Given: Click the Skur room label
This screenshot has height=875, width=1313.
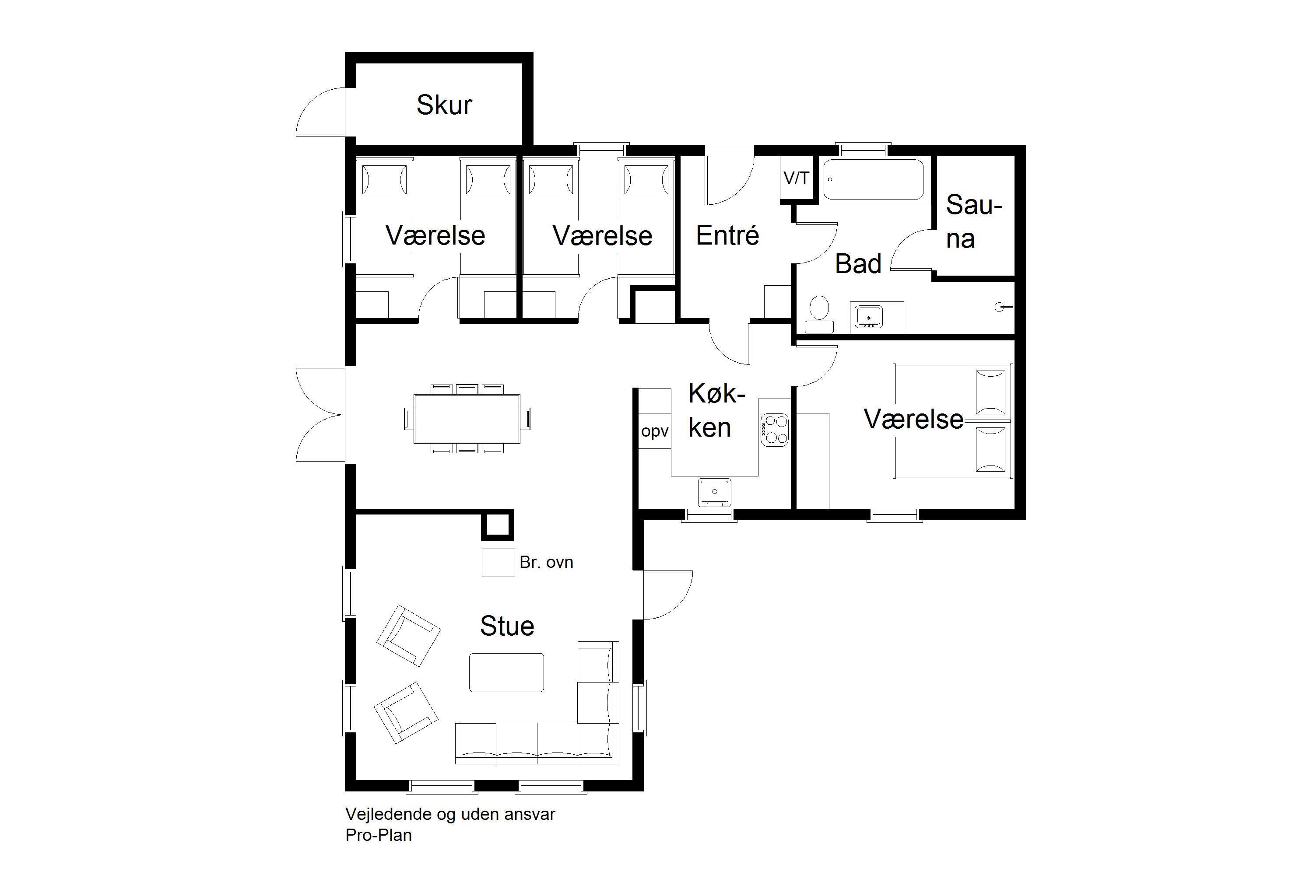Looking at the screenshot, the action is pyautogui.click(x=444, y=105).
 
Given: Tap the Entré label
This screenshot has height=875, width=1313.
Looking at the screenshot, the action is pyautogui.click(x=727, y=235).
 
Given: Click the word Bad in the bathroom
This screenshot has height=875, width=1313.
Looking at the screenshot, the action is pyautogui.click(x=858, y=263).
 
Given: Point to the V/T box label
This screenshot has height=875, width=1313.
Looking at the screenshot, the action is pyautogui.click(x=796, y=178).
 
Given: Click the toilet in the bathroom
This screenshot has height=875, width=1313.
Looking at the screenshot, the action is pyautogui.click(x=819, y=315).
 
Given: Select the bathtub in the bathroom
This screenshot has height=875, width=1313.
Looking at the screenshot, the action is pyautogui.click(x=874, y=179).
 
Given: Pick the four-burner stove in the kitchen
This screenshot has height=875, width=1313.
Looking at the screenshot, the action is pyautogui.click(x=775, y=429).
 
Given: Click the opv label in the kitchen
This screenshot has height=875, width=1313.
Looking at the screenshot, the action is pyautogui.click(x=655, y=431).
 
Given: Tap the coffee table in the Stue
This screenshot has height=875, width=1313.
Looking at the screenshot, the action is pyautogui.click(x=506, y=672).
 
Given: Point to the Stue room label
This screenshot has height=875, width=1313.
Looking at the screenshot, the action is pyautogui.click(x=507, y=626).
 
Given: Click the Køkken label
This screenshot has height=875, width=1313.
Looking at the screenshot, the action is pyautogui.click(x=716, y=411).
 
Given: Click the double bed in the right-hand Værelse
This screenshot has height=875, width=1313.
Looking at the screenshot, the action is pyautogui.click(x=953, y=421).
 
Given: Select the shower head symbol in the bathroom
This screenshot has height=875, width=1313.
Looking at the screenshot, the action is pyautogui.click(x=1002, y=307).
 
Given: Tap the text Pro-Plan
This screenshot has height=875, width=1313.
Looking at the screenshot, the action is pyautogui.click(x=379, y=835).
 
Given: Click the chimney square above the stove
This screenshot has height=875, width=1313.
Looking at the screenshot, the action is pyautogui.click(x=497, y=525).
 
